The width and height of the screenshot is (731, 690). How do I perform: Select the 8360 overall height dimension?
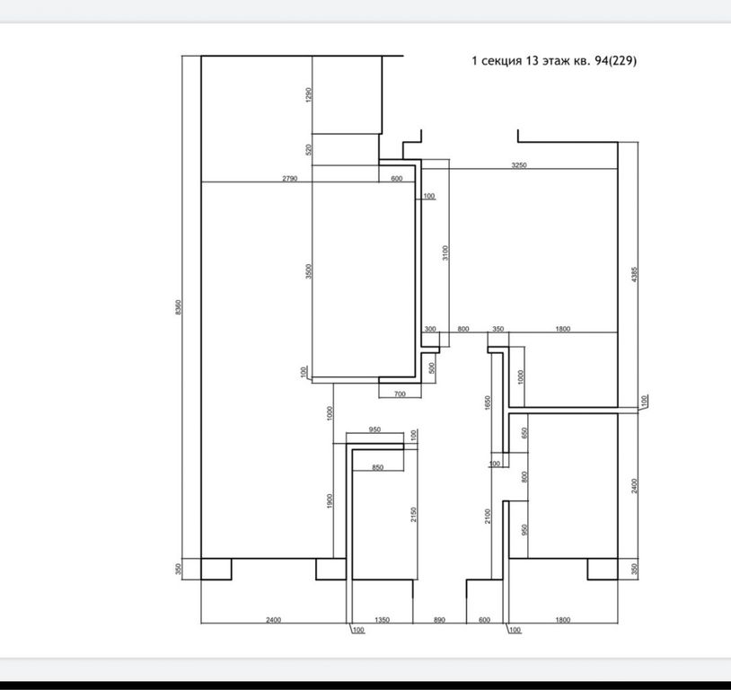click(x=178, y=307)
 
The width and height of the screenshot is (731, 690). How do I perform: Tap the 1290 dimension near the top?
click(x=308, y=94)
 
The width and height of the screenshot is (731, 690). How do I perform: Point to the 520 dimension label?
click(x=308, y=150)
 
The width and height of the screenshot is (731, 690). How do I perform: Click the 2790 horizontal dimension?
click(x=289, y=178)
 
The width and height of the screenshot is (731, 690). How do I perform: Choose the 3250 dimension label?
click(x=519, y=165)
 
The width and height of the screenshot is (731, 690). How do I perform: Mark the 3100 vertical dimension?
click(x=445, y=252)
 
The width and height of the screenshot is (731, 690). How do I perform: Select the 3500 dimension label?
click(x=308, y=271)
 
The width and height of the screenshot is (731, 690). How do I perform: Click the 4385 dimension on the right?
click(x=634, y=274)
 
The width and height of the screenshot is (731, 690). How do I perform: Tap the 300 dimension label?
click(x=430, y=329)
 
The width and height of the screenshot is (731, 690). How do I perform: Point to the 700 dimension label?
click(x=400, y=394)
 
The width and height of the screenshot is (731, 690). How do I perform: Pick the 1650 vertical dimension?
click(x=488, y=403)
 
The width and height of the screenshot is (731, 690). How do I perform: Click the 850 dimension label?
click(x=377, y=467)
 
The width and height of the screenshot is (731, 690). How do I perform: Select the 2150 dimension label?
click(x=413, y=514)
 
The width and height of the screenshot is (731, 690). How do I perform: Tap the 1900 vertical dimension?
click(x=330, y=501)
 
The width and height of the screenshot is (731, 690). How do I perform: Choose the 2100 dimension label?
click(x=488, y=516)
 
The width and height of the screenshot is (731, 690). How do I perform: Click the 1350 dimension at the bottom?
click(x=382, y=620)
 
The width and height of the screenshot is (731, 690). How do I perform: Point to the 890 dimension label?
click(x=439, y=620)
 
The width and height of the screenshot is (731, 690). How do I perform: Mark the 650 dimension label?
click(x=525, y=433)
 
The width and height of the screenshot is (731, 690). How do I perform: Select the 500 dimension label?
click(x=432, y=367)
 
